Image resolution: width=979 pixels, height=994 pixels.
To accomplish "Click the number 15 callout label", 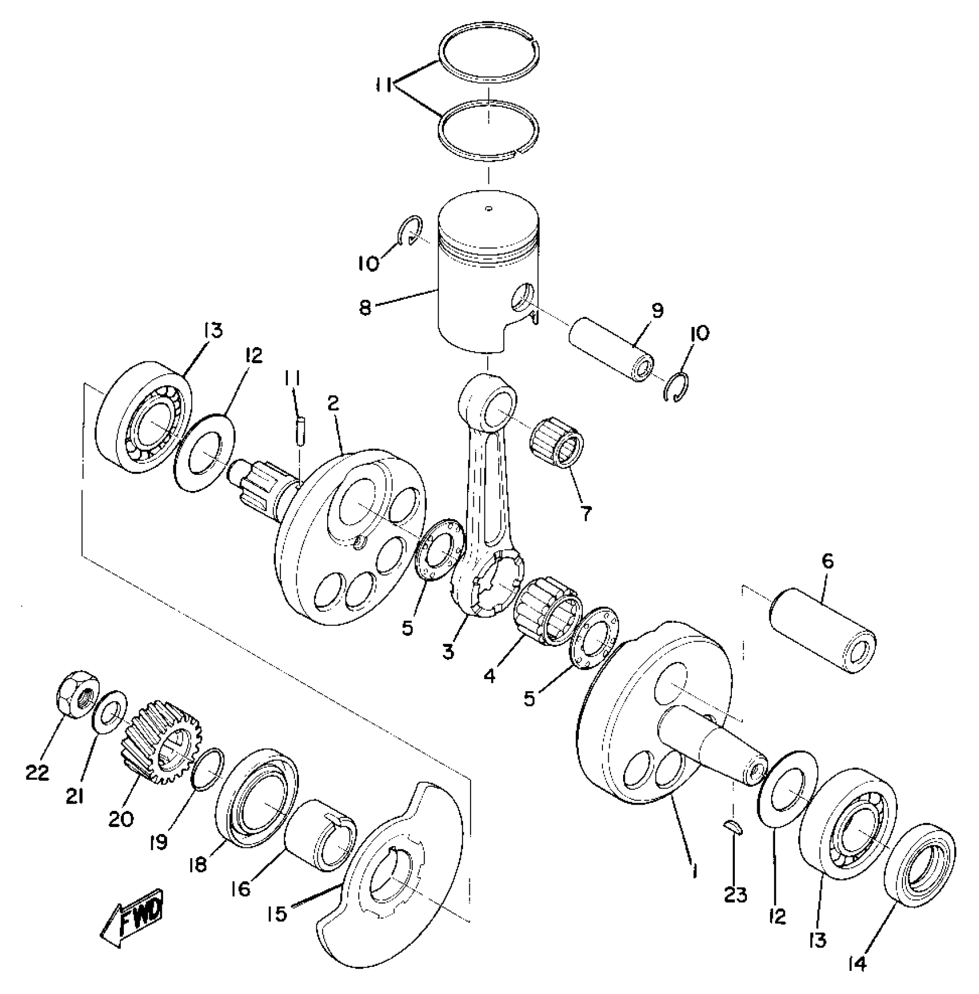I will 278,913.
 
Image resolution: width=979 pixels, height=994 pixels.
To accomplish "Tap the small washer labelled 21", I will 109,713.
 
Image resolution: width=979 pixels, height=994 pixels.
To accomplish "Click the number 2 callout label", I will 332,403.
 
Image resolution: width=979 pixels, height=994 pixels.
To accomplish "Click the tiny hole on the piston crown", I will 488,208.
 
